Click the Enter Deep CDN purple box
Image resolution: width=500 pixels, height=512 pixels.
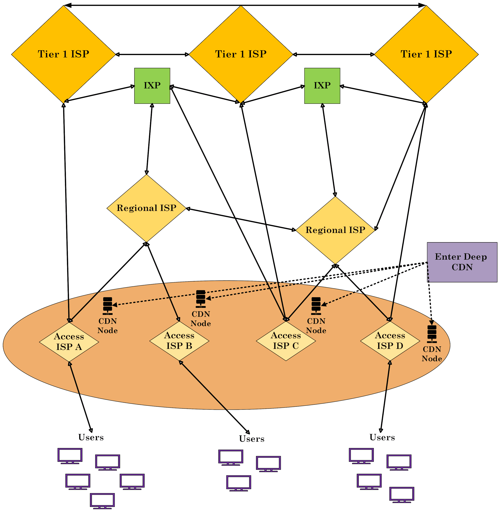[462, 262]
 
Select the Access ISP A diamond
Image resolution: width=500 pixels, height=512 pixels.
[69, 342]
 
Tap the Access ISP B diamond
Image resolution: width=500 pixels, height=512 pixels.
[179, 341]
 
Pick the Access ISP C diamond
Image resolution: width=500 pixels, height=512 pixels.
[286, 341]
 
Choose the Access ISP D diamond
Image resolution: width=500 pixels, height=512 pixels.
[390, 341]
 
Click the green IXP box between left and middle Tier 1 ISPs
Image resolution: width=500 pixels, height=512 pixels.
[152, 86]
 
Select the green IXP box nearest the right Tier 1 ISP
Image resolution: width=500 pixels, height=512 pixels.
[322, 86]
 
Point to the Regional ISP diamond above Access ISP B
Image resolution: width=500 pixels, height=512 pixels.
[146, 208]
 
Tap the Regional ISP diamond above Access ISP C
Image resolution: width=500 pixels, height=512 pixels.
[335, 230]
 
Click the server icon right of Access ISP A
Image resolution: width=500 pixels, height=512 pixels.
[108, 306]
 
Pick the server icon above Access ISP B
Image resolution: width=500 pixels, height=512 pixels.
[201, 299]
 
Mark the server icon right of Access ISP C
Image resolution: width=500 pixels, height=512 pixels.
[316, 306]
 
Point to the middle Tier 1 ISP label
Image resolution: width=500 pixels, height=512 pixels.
[241, 54]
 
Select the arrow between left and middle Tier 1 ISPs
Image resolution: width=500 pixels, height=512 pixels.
[152, 55]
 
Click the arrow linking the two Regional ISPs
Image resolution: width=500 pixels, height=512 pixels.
[241, 219]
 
